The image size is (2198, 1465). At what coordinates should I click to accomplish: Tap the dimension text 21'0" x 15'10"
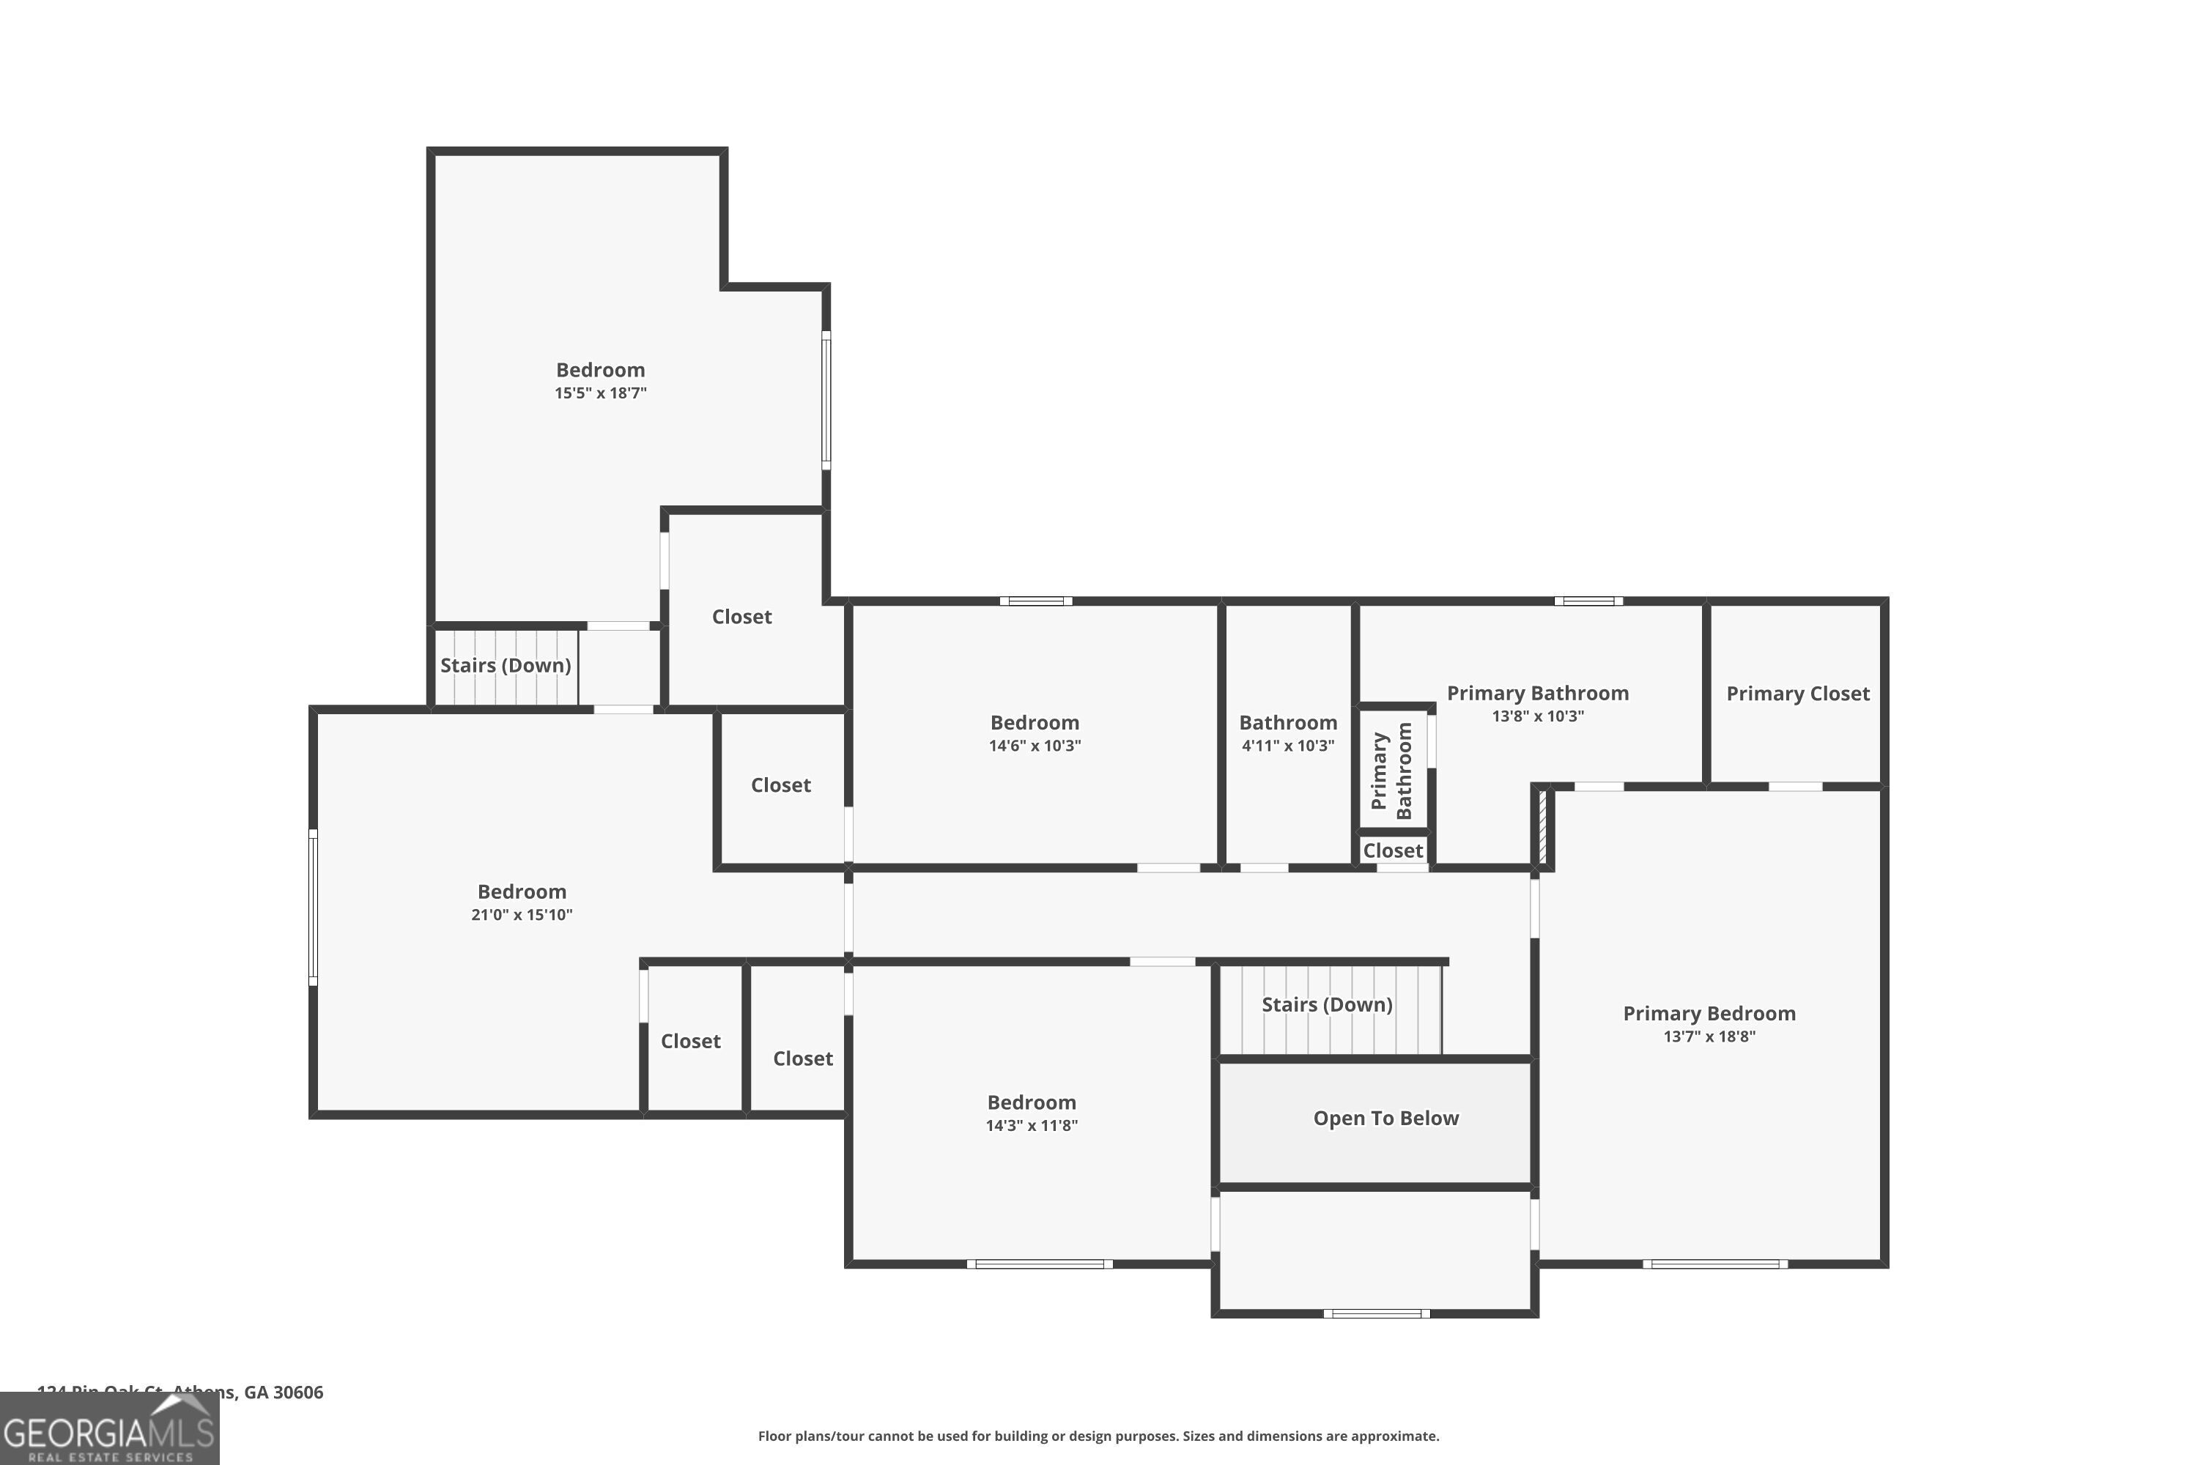(522, 915)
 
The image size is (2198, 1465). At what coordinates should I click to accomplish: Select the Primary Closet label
(1797, 693)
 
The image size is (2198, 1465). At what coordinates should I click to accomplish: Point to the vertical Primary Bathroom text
(1391, 771)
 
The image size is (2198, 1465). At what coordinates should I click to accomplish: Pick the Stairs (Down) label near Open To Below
(1326, 1004)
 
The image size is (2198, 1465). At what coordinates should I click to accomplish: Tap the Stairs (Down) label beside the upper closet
(505, 665)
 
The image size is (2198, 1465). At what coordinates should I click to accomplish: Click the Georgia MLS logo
(108, 1430)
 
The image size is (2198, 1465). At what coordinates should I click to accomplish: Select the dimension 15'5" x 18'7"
(600, 393)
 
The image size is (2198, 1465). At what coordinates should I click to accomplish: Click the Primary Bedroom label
(1709, 1014)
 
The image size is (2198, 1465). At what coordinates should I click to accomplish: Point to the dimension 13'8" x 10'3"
(1537, 716)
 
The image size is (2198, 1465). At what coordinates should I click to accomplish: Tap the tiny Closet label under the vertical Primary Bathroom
(1393, 850)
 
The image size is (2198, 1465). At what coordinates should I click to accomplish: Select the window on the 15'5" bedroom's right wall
(826, 400)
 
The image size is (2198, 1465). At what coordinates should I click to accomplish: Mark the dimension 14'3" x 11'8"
(1031, 1126)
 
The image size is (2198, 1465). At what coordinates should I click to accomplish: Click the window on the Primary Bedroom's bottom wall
(1715, 1264)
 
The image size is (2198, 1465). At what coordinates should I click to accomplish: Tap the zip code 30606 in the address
(298, 1392)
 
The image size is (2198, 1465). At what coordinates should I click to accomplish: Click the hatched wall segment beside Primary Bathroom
(1542, 827)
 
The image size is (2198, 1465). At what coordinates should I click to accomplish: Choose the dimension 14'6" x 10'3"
(1035, 746)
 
